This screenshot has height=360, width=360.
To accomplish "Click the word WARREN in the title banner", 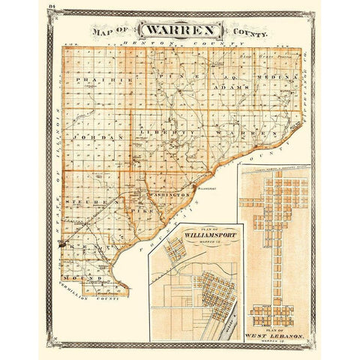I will (179, 31).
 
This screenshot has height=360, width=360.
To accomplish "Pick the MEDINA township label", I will (277, 74).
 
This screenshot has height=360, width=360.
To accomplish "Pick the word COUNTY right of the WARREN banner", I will (253, 33).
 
